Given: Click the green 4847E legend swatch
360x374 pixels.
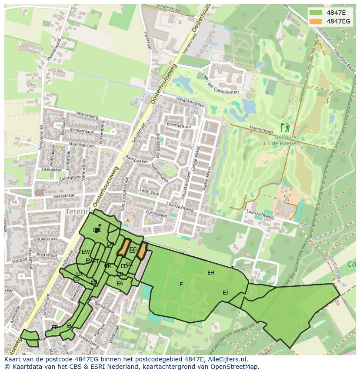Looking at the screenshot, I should pos(316,13).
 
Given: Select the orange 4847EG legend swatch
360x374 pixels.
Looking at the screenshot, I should pos(316,21).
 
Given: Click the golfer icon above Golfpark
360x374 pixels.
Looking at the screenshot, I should pos(285,128).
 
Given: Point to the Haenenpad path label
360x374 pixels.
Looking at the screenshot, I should pos(261,129).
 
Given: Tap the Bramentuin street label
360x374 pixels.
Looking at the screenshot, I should pos(179,126).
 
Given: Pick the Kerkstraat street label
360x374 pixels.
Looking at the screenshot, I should pos(63,196).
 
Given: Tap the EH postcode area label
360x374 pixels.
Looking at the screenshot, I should pos(211,273).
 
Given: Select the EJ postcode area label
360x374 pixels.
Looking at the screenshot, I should pos(225,292).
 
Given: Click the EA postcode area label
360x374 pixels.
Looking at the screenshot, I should pos(120,284).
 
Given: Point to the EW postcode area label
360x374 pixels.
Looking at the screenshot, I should pos(86,252).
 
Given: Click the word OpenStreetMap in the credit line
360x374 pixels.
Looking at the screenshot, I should pos(236,367).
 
